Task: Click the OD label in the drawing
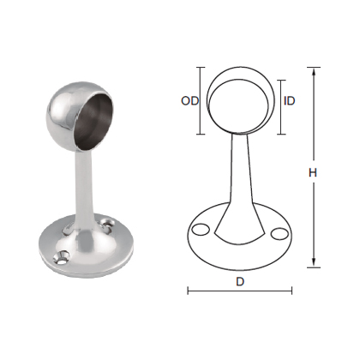189,100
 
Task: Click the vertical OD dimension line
201,100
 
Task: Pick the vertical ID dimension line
279,100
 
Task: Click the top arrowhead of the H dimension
315,71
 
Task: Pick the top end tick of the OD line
201,66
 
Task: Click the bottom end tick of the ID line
279,134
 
